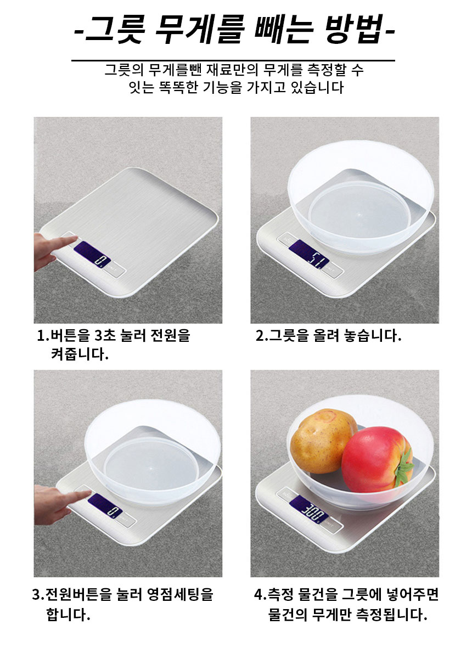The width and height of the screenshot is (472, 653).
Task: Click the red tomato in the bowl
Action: [x=376, y=459]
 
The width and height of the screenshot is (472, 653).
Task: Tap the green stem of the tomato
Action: [x=403, y=471]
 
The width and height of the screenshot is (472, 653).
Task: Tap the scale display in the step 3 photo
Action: [x=105, y=505]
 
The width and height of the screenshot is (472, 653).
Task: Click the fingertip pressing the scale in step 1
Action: [x=75, y=238]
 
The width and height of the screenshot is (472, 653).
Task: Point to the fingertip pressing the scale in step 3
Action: [x=87, y=493]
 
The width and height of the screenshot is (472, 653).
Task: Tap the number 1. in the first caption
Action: [x=43, y=335]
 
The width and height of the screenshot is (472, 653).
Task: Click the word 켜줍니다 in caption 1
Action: [x=80, y=354]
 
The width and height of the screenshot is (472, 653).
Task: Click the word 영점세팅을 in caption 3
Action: [x=181, y=594]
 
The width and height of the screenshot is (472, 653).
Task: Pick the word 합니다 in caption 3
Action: [x=68, y=614]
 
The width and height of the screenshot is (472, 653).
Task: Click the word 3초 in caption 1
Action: [x=104, y=335]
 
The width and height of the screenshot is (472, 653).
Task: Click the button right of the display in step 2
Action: [x=333, y=271]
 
